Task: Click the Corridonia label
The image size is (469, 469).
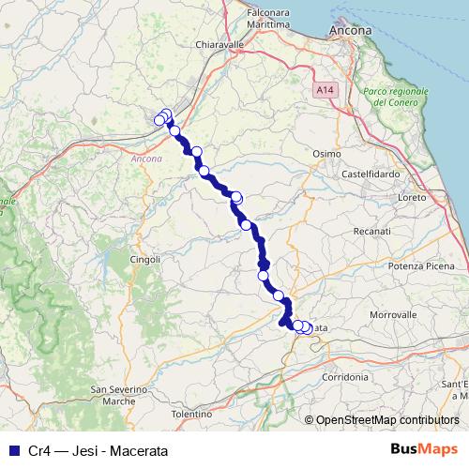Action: [x=344, y=375]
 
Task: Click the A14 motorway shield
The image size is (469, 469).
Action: [x=325, y=89]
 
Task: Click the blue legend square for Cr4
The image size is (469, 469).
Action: [x=12, y=450]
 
